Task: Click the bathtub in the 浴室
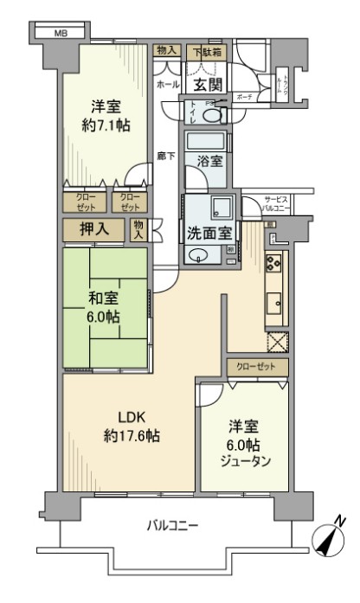click(206, 140)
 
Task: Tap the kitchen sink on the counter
click(276, 302)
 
